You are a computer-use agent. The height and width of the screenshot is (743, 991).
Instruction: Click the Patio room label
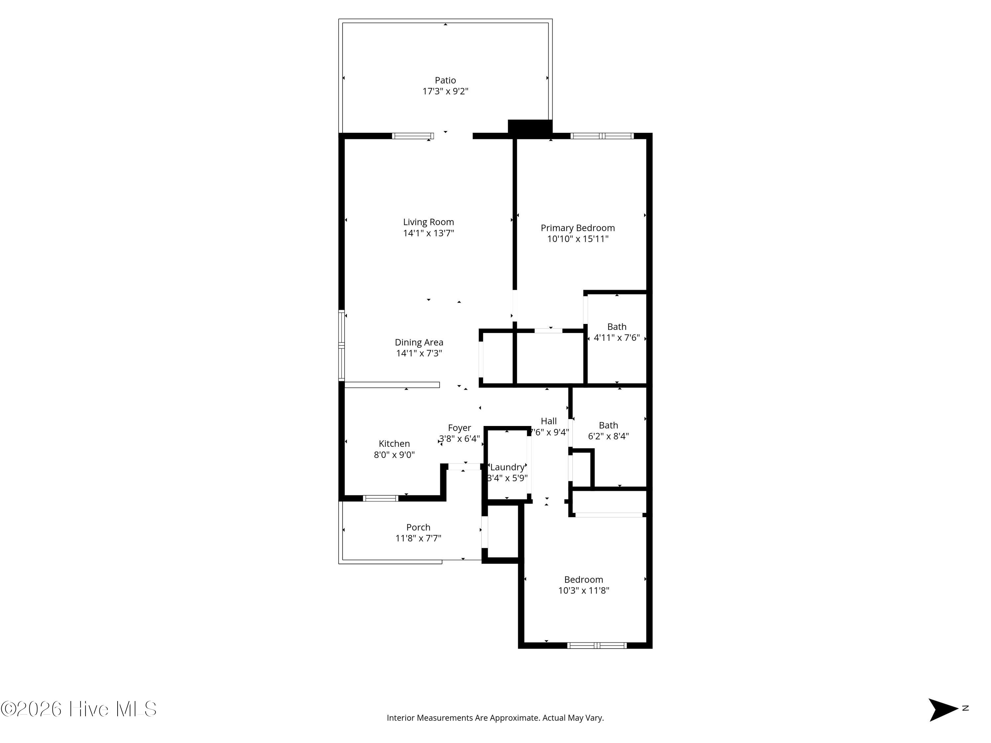tap(445, 80)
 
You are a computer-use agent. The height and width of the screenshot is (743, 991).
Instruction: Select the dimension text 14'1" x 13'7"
tap(428, 233)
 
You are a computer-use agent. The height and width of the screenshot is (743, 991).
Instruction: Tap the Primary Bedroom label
tap(577, 228)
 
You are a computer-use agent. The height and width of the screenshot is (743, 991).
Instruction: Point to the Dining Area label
tap(419, 342)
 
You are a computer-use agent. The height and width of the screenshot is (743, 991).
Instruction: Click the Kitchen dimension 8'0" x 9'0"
tap(394, 455)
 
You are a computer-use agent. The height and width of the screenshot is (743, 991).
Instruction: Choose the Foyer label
tap(459, 428)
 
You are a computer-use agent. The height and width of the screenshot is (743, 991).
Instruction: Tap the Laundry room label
tap(507, 467)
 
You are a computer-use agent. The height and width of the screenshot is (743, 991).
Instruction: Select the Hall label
tap(548, 421)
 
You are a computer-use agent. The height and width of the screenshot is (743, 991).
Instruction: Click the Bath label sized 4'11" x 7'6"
tap(616, 327)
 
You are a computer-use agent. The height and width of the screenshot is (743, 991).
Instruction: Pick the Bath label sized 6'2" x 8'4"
tap(608, 425)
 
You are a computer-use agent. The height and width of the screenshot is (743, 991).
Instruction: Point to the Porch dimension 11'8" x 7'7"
tap(418, 538)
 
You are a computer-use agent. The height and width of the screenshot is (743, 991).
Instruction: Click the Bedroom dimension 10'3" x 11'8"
tap(583, 590)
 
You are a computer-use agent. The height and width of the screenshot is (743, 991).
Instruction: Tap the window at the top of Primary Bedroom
tap(602, 136)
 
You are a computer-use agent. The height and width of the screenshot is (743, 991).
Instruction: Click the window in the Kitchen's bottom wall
tap(380, 498)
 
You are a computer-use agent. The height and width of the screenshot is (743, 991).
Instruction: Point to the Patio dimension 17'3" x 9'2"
tap(445, 91)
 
